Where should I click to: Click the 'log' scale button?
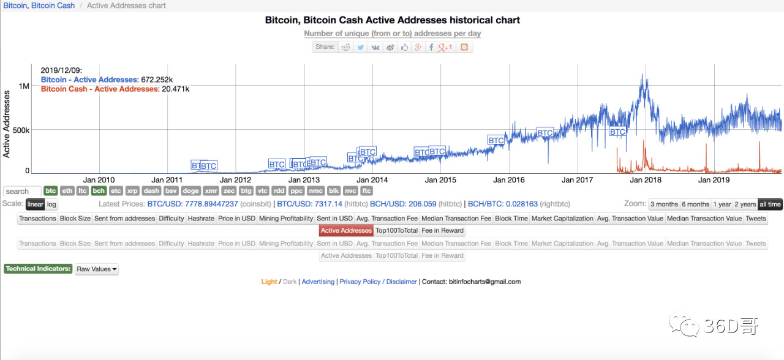pos(52,204)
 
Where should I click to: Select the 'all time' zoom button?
pos(770,204)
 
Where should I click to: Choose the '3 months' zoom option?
pos(664,204)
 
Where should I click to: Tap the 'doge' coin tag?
pos(190,191)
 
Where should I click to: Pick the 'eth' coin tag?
pos(67,191)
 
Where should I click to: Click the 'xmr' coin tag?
pos(211,191)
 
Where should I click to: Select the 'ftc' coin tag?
pos(367,191)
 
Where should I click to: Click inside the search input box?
pos(22,192)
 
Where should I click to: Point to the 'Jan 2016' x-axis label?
pos(508,180)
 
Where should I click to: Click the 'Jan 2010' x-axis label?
pos(99,180)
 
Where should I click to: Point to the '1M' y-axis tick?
pos(24,86)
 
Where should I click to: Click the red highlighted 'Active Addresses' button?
pos(346,231)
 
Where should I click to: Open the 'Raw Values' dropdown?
pos(96,269)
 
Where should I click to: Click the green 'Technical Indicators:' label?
pos(38,269)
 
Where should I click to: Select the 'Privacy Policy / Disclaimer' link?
pos(378,282)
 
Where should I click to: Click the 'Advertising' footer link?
pos(318,282)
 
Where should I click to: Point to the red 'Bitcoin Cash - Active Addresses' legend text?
pos(99,89)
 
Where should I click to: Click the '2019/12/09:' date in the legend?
pos(61,70)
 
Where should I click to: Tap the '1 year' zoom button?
pos(722,204)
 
